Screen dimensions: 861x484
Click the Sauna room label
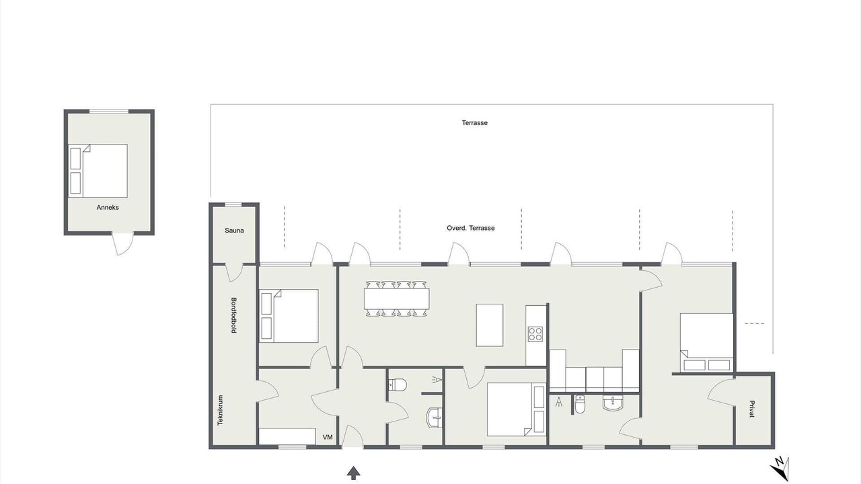coord(234,231)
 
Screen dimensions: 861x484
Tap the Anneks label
coord(108,208)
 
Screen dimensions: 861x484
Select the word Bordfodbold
coord(233,315)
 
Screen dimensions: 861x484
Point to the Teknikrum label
coord(220,410)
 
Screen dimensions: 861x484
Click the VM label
coord(328,437)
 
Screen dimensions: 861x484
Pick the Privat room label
coord(752,409)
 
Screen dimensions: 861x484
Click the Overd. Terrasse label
coord(470,228)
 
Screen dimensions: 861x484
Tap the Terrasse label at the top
coord(475,123)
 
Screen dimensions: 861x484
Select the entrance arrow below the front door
coord(353,473)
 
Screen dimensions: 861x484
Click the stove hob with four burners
coord(535,334)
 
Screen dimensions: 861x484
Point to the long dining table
coord(397,298)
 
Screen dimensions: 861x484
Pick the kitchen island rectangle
coord(489,325)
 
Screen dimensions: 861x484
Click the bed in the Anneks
coord(98,171)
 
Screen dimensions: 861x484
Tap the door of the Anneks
coord(123,243)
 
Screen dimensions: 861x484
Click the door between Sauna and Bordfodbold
coord(233,273)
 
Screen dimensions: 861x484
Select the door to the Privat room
coord(722,392)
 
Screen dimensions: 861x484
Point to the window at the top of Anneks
coord(109,112)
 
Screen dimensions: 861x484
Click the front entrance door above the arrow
coord(352,437)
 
